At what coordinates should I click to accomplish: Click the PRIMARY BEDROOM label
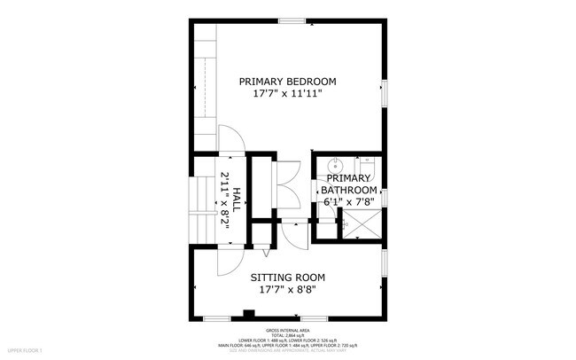click(288, 82)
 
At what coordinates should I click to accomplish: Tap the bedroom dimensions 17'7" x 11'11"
click(288, 93)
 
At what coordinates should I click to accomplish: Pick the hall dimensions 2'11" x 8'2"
click(225, 200)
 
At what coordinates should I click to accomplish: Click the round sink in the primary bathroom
click(336, 166)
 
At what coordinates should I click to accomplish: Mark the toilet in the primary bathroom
click(369, 166)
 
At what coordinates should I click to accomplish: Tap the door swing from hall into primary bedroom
click(230, 140)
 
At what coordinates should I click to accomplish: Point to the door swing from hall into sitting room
click(228, 262)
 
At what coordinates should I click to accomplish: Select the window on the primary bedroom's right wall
click(385, 93)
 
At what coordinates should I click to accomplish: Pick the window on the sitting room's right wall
click(385, 262)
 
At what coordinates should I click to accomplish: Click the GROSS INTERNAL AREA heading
click(288, 328)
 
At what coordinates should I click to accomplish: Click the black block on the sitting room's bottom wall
click(249, 313)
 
